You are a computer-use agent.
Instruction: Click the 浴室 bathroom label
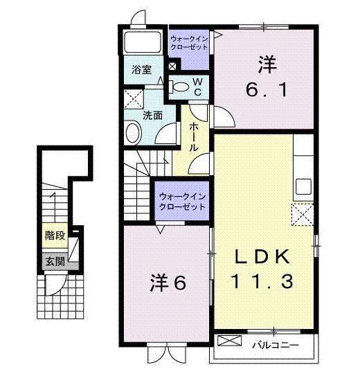pyautogui.click(x=142, y=70)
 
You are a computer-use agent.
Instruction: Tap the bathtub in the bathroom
pyautogui.click(x=143, y=42)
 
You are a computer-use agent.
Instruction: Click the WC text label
pyautogui.click(x=197, y=87)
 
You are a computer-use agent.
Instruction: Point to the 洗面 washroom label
pyautogui.click(x=152, y=116)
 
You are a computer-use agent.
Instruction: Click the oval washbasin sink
pyautogui.click(x=134, y=132)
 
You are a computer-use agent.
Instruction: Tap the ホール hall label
pyautogui.click(x=194, y=138)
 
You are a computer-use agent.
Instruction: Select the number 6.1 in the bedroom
pyautogui.click(x=267, y=91)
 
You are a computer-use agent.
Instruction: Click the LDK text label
pyautogui.click(x=262, y=257)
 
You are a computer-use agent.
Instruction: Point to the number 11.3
pyautogui.click(x=262, y=281)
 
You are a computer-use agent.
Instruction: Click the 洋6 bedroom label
pyautogui.click(x=168, y=283)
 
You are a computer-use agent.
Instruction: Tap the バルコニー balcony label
pyautogui.click(x=276, y=345)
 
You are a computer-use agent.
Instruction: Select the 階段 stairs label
pyautogui.click(x=55, y=235)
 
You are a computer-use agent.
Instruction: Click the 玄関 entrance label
pyautogui.click(x=55, y=262)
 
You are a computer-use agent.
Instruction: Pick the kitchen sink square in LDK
pyautogui.click(x=303, y=186)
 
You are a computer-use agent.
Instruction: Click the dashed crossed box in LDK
pyautogui.click(x=303, y=215)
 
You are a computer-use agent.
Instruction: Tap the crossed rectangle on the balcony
pyautogui.click(x=229, y=341)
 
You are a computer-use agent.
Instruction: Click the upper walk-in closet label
pyautogui.click(x=189, y=43)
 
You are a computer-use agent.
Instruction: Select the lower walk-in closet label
pyautogui.click(x=182, y=202)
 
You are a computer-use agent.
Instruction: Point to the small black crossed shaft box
pyautogui.click(x=172, y=66)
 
